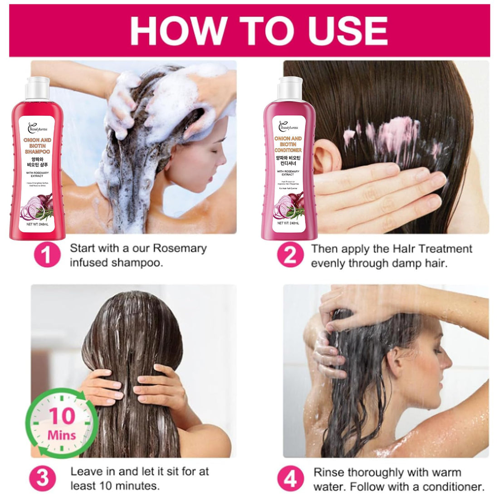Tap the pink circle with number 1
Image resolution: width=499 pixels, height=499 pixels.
coord(47,254)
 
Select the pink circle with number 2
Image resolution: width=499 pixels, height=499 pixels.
coord(290,254)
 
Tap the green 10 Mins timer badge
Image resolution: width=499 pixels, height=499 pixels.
coord(62,423)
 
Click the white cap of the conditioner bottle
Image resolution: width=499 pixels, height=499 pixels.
coord(290,88)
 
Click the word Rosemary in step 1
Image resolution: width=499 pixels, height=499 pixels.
coord(180,249)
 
